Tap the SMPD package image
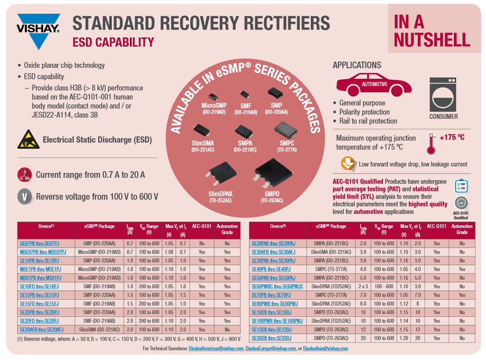pos(271,173)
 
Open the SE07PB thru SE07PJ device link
pos(40,243)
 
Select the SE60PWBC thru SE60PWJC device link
pos(277,287)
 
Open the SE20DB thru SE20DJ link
pos(272,338)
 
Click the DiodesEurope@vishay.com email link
pos(270,349)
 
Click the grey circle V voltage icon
pos(25,197)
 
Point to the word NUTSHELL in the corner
pos(432,40)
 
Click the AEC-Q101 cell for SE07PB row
pos(202,243)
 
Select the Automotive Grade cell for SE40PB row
pos(462,269)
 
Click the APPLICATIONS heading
pos(357,65)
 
